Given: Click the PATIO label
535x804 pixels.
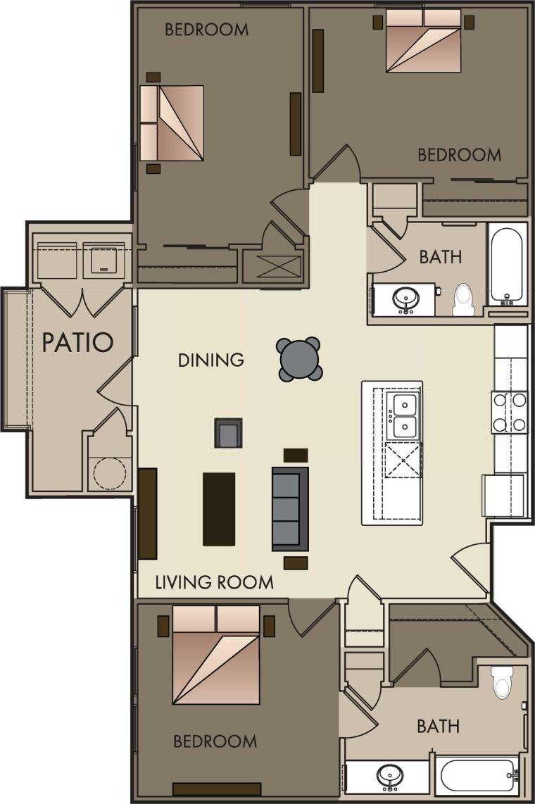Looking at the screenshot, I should pyautogui.click(x=77, y=342).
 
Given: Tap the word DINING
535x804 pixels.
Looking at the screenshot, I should pyautogui.click(x=210, y=360).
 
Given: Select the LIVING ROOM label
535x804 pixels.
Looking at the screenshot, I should pyautogui.click(x=214, y=582).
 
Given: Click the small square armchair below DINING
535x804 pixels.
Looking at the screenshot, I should pyautogui.click(x=228, y=433).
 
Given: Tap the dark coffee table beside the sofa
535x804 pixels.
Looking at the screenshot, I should pyautogui.click(x=219, y=508).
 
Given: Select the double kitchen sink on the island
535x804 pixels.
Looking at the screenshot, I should pyautogui.click(x=404, y=416).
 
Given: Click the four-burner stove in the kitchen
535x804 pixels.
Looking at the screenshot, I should pyautogui.click(x=509, y=413).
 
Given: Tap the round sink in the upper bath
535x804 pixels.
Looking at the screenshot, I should pyautogui.click(x=404, y=299).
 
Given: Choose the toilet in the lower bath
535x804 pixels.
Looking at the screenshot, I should pyautogui.click(x=502, y=681).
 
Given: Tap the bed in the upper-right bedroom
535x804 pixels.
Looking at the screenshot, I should pyautogui.click(x=423, y=41).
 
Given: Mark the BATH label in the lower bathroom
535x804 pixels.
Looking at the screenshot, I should pyautogui.click(x=439, y=726).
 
